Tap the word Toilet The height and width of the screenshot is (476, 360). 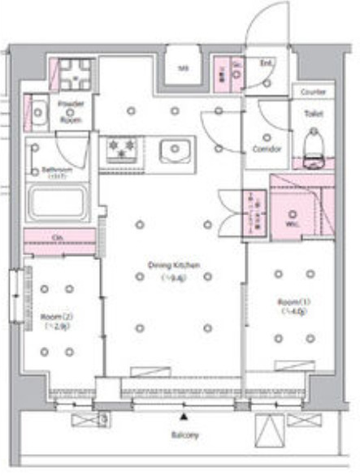pos(313,115)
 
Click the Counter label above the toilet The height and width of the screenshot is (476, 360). pos(313,93)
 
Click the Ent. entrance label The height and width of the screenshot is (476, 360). pos(266,63)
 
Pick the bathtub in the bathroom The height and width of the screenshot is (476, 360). pos(59,202)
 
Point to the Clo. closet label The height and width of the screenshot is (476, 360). pos(59,237)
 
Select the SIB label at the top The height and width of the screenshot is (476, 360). pos(183,68)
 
